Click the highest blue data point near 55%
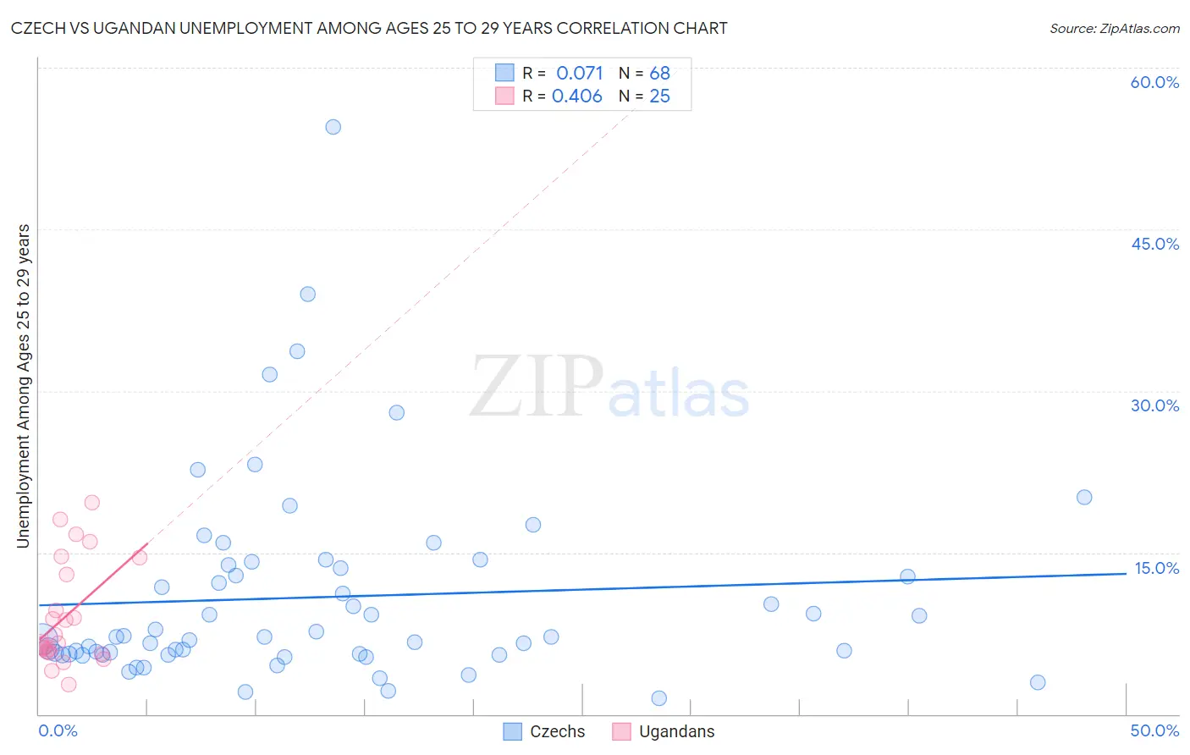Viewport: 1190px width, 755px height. pos(333,127)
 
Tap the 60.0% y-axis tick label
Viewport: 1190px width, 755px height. pos(1154,82)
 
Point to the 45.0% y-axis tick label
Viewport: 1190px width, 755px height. pos(1154,244)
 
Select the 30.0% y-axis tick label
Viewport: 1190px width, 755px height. pos(1154,405)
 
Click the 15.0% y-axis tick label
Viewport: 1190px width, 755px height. pos(1156,568)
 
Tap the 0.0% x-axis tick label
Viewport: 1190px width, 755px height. pos(58,730)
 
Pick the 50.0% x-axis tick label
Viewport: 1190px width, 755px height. pos(1154,730)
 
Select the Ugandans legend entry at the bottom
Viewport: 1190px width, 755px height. pos(664,731)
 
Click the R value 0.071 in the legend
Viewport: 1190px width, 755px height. pos(579,74)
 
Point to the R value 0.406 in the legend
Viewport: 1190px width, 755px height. pos(577,96)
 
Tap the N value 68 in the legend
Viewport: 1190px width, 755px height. pos(659,74)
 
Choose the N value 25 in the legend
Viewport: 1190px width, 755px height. pos(659,96)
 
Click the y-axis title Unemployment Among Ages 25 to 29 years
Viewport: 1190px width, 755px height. pos(24,386)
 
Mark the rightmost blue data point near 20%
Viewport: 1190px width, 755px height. pos(1084,497)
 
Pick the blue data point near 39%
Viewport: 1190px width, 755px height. pos(308,295)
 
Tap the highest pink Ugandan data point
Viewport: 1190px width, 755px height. pos(92,503)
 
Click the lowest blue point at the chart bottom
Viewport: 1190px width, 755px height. pos(659,698)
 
